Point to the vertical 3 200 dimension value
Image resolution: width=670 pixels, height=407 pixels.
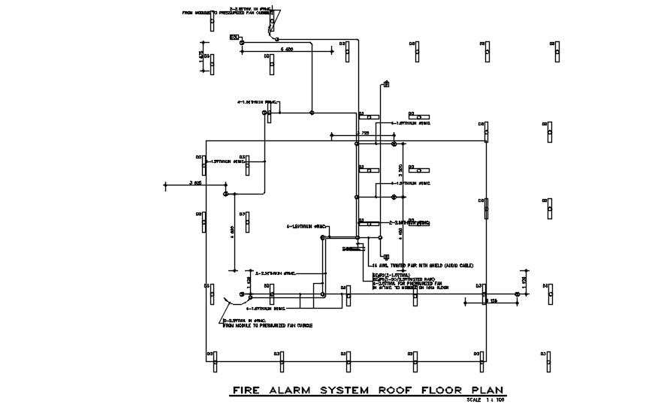[x=401, y=170]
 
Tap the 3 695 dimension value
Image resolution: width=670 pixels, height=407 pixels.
[x=196, y=182]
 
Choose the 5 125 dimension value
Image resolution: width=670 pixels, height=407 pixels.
[x=492, y=300]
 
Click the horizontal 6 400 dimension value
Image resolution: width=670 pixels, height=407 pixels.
[x=286, y=48]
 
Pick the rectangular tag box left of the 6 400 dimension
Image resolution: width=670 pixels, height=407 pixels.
[x=234, y=37]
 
